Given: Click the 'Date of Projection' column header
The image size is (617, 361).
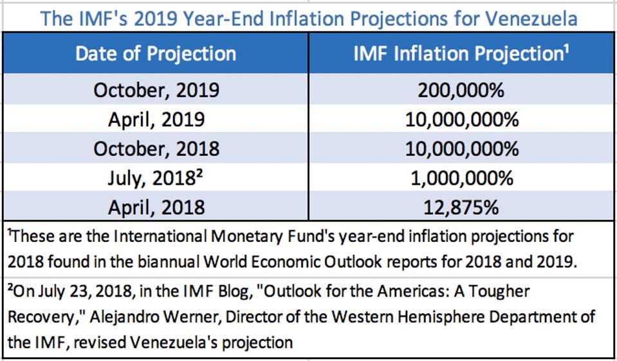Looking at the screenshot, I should click(x=156, y=53).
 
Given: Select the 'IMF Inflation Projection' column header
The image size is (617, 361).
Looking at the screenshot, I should click(x=461, y=53).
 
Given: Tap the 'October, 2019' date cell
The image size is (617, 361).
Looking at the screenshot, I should click(x=156, y=90).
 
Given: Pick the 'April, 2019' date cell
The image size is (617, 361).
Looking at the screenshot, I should click(x=156, y=119).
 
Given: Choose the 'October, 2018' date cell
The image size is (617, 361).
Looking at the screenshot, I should click(x=156, y=149).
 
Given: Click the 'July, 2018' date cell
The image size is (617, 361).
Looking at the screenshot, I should click(x=156, y=178).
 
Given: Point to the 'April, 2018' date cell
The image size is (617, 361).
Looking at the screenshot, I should click(x=156, y=207).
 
